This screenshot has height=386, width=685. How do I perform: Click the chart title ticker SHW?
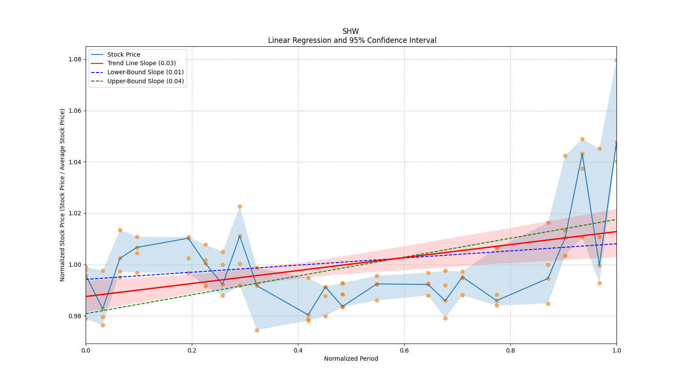[351, 31]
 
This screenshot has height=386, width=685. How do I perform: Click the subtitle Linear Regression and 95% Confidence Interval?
[352, 40]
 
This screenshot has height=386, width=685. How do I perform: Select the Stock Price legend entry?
[123, 54]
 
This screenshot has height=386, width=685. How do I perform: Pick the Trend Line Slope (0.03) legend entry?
[141, 63]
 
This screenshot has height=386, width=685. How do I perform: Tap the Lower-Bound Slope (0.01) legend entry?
[145, 72]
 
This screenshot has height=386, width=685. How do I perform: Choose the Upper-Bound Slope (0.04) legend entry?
[145, 81]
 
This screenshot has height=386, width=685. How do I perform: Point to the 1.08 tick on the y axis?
[76, 59]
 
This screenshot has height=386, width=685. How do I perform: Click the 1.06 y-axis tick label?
[76, 111]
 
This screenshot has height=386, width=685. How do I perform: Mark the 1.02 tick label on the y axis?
[76, 213]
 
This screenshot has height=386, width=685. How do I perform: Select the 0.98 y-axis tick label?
[76, 316]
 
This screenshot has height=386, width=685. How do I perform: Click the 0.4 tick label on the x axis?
[298, 350]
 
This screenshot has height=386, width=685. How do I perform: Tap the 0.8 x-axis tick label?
[510, 350]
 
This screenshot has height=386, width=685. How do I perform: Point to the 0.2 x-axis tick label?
[192, 350]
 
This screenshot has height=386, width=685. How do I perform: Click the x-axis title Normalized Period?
[351, 359]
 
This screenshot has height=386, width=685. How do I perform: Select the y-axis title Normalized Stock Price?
[63, 195]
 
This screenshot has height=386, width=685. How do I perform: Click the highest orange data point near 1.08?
[616, 60]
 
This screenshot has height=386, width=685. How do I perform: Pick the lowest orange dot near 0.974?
[257, 330]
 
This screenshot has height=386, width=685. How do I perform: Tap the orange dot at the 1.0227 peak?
[240, 206]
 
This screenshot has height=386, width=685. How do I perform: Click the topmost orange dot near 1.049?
[582, 139]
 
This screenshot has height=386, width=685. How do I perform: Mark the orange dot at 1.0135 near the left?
[120, 230]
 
